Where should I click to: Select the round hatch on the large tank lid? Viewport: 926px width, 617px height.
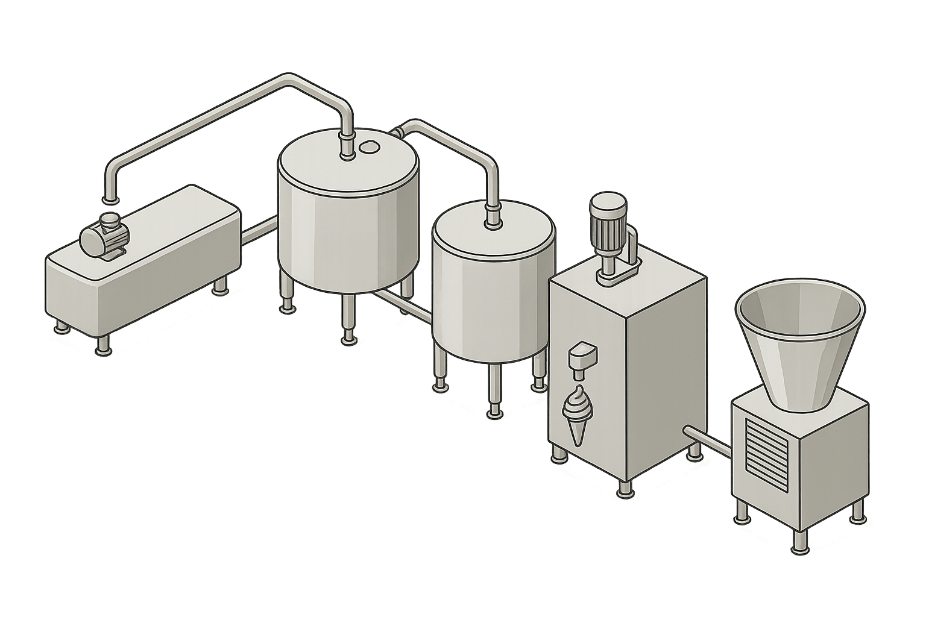(368, 146)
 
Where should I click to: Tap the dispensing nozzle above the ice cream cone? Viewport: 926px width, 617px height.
(580, 357)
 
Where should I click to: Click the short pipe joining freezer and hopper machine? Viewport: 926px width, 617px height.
(708, 440)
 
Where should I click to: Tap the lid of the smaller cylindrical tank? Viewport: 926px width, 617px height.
(493, 232)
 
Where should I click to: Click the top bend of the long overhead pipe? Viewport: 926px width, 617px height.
(288, 80)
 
